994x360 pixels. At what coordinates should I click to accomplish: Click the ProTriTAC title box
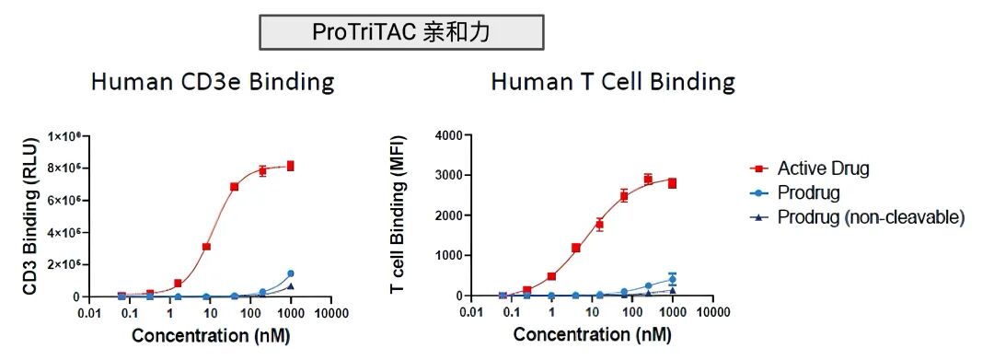point(401,33)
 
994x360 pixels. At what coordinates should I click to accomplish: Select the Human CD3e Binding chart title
point(212,82)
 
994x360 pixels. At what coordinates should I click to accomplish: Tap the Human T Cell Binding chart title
point(613,82)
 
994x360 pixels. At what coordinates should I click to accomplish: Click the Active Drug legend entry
point(822,168)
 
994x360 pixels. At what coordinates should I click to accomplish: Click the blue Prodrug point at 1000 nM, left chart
point(291,273)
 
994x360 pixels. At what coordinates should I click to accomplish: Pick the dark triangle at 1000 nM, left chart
point(291,286)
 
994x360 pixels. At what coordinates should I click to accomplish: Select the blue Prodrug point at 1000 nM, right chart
point(672,279)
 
